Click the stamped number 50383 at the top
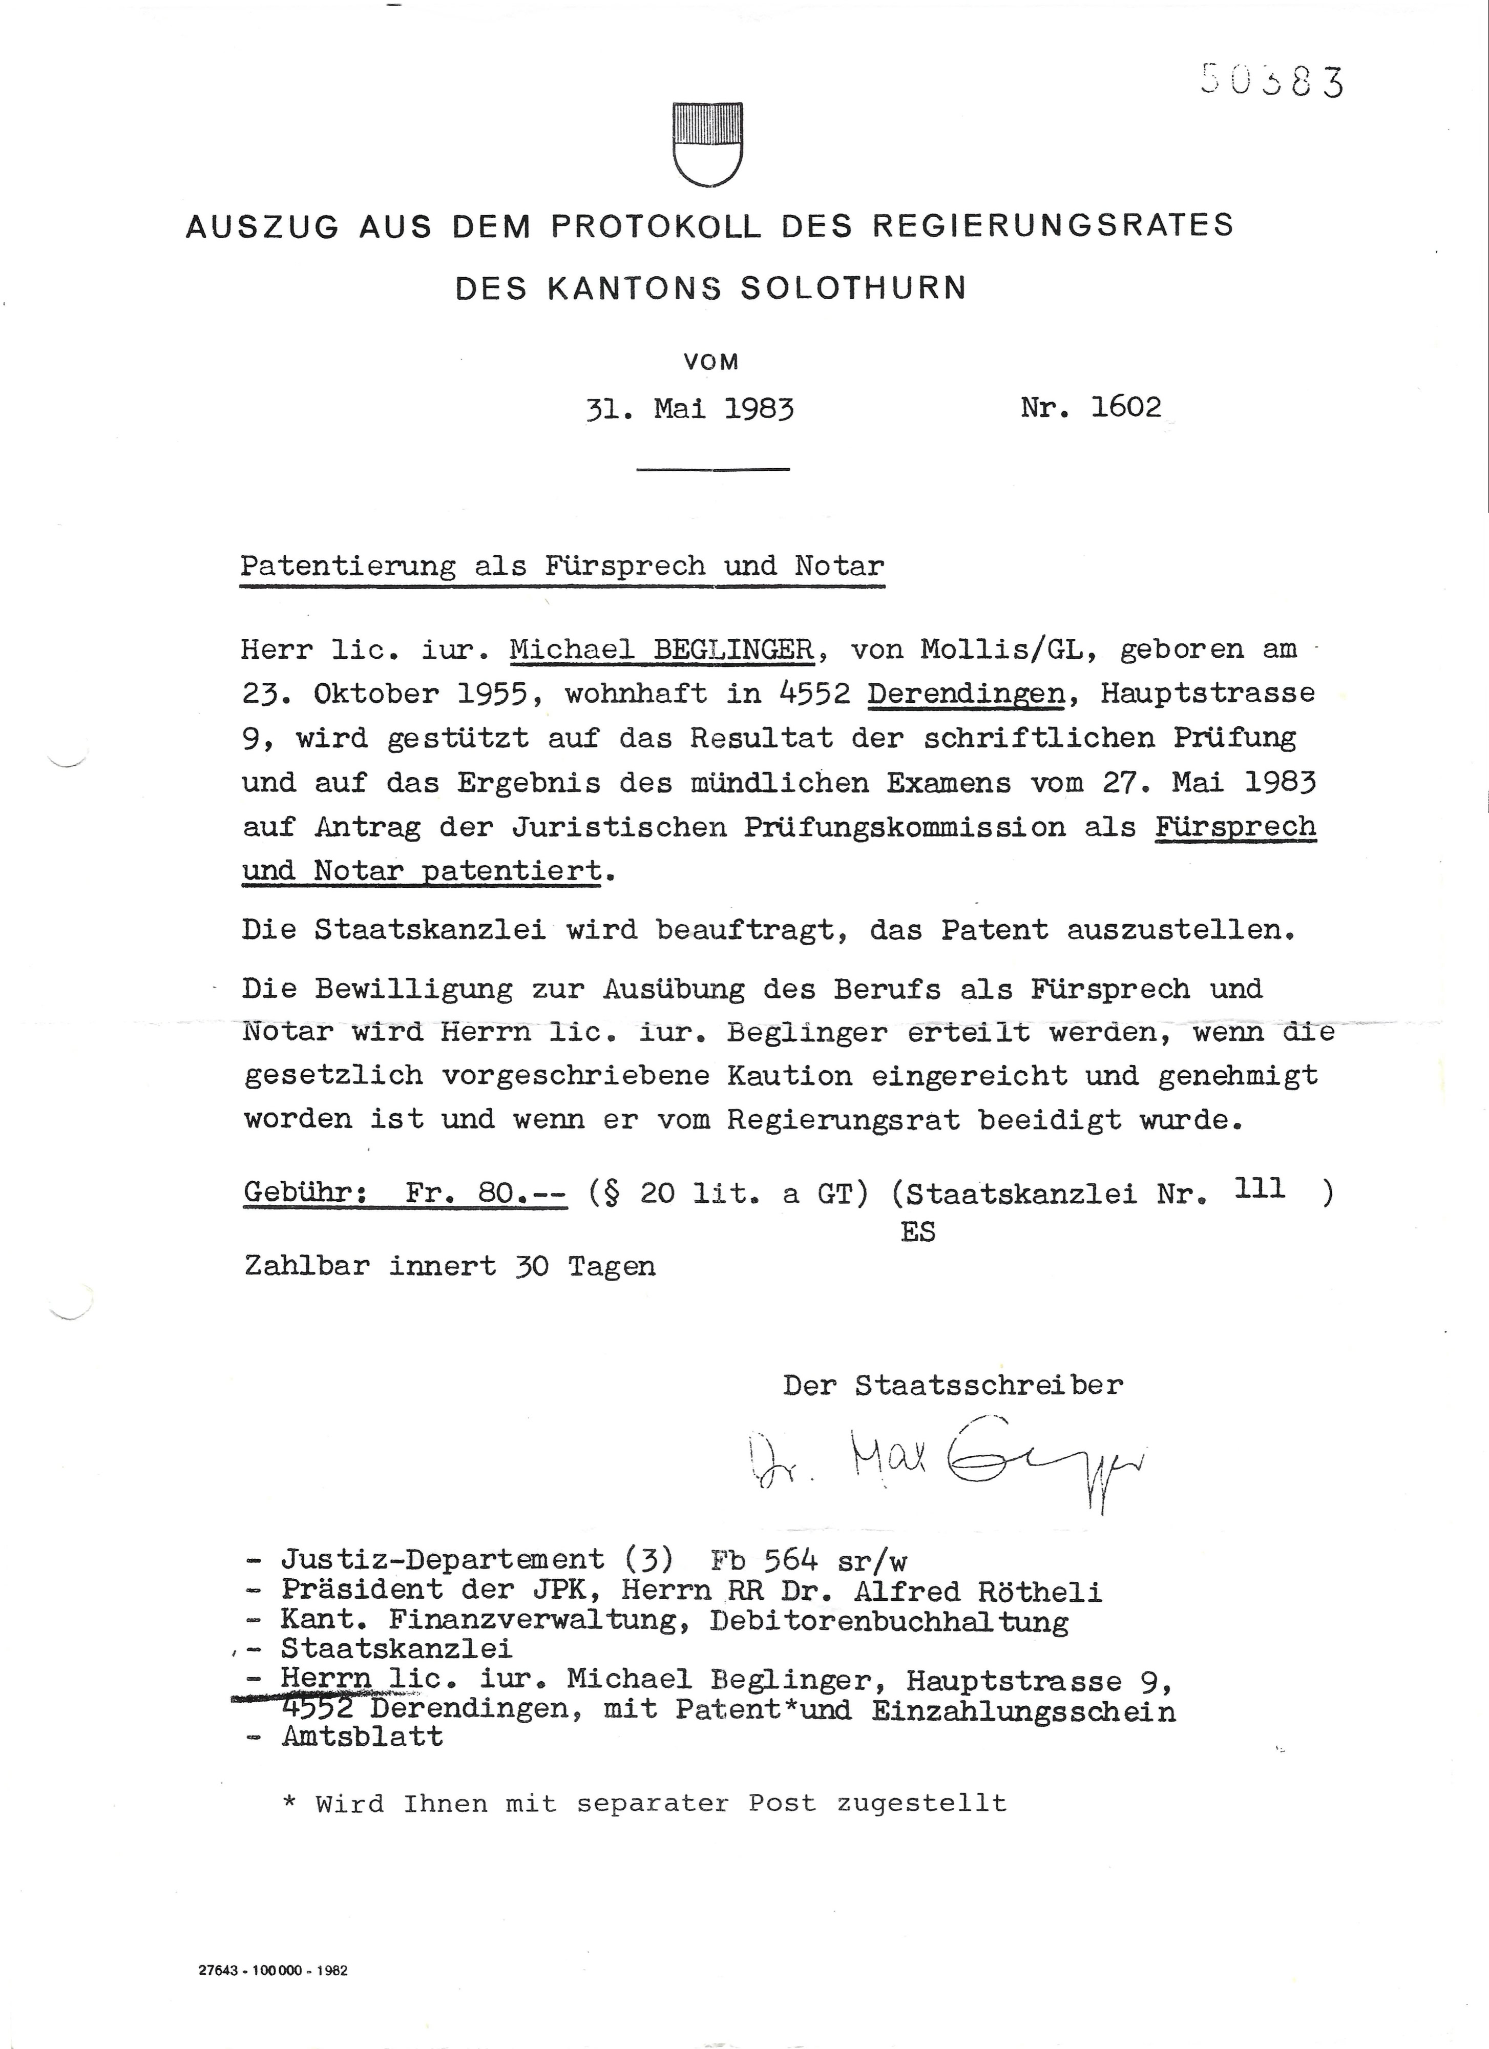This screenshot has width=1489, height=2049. [1272, 81]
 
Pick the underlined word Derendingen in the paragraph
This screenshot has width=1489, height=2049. [965, 694]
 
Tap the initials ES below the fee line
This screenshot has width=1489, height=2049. [918, 1232]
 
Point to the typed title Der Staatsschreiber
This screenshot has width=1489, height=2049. [953, 1385]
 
